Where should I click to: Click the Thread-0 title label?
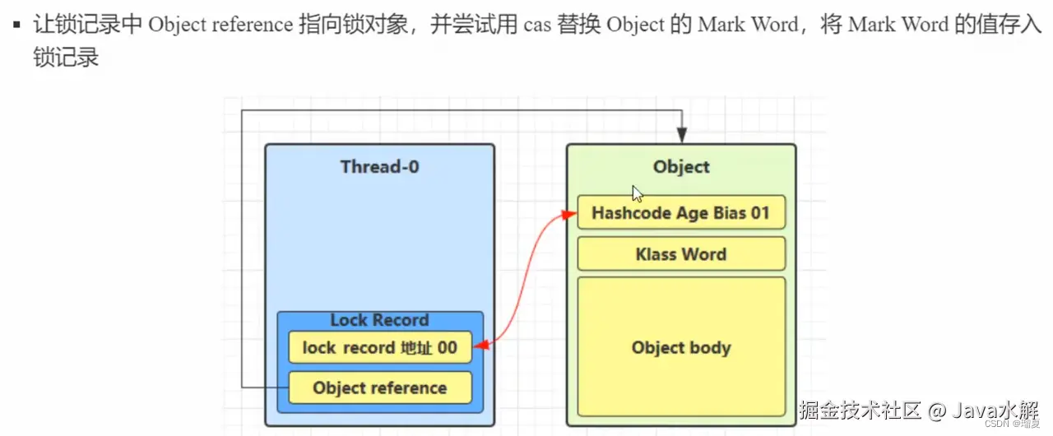(379, 167)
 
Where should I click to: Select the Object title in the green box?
(681, 167)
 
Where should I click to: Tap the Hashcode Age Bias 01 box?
(681, 213)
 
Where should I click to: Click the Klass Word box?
(681, 254)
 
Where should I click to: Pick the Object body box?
(681, 347)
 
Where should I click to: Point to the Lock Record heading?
(379, 320)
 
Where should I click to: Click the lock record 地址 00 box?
(379, 348)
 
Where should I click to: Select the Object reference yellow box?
(379, 388)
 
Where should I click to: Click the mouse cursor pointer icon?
(637, 194)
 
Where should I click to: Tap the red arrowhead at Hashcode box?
(568, 214)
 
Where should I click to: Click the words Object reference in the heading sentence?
(220, 25)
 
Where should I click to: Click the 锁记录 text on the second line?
(66, 58)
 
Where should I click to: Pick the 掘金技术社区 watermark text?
(860, 409)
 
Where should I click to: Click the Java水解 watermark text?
(999, 409)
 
